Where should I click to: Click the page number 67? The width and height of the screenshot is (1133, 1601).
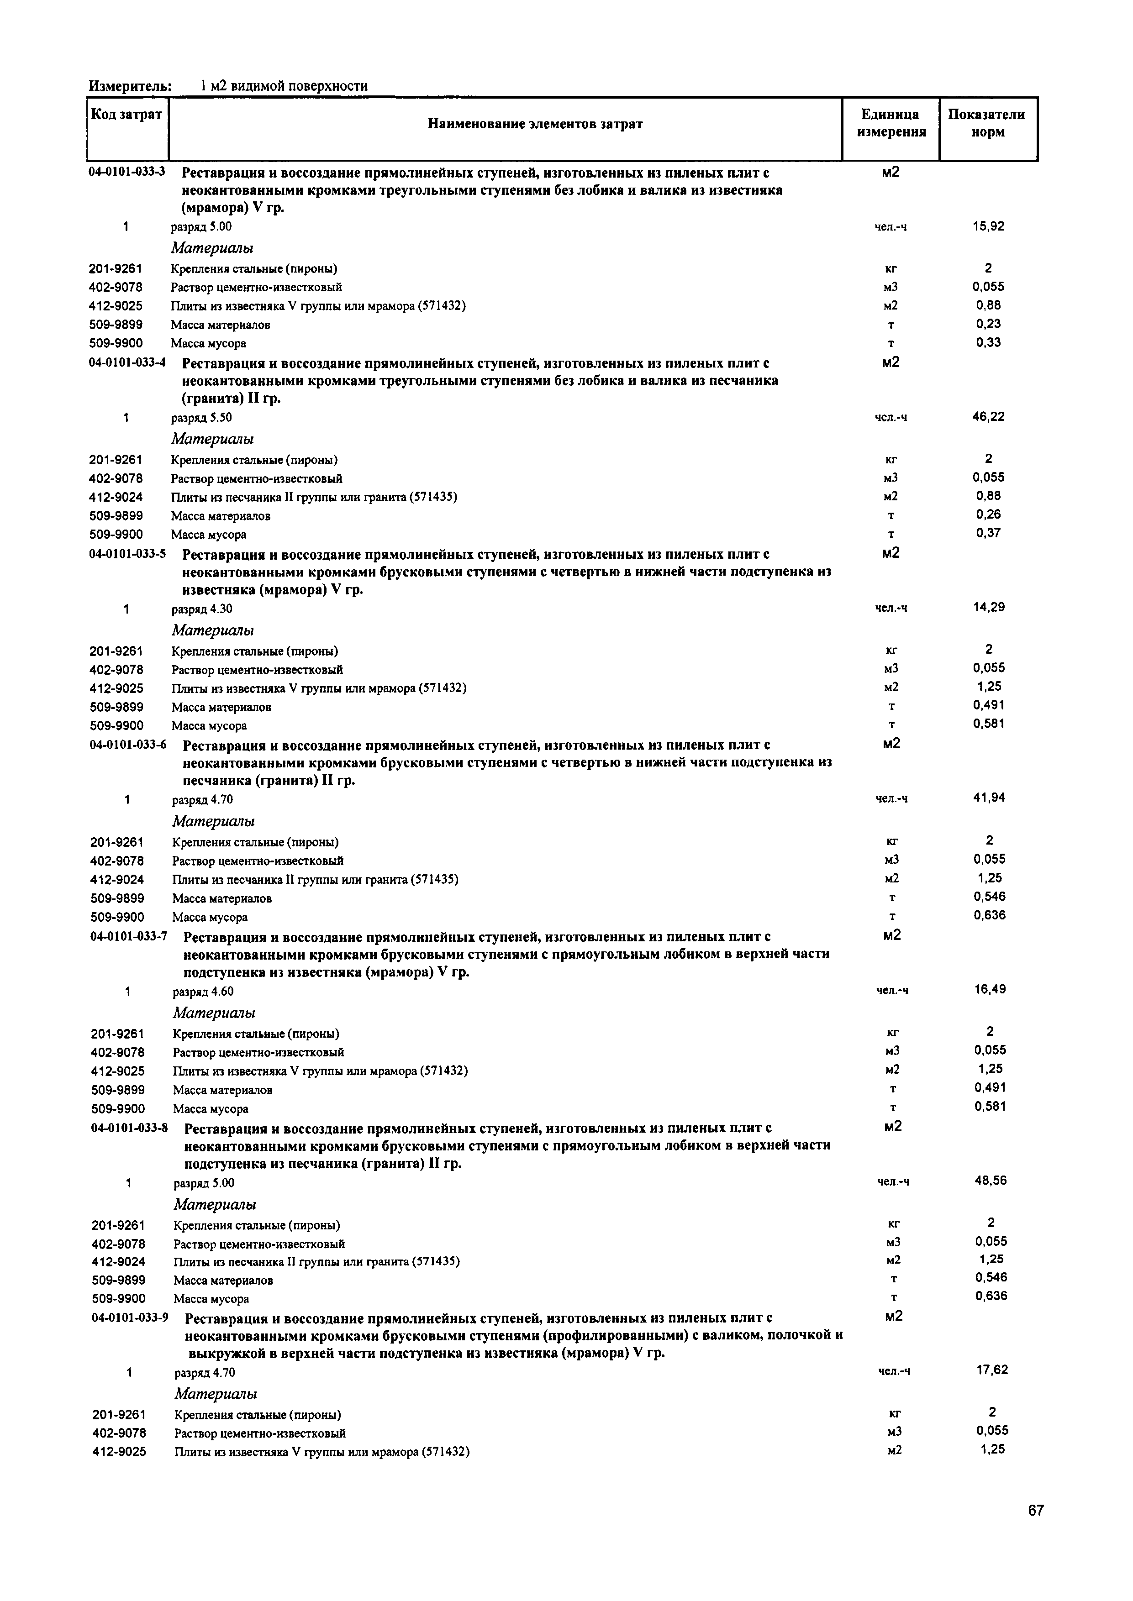[x=1035, y=1510]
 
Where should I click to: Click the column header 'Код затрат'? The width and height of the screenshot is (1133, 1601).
[x=126, y=114]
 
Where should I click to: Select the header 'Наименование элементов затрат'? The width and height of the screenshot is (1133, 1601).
[x=535, y=124]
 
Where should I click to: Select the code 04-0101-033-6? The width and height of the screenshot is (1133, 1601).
[x=128, y=744]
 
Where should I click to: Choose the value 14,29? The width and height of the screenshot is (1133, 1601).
[x=989, y=607]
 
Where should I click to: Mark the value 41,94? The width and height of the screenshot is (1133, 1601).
[x=989, y=798]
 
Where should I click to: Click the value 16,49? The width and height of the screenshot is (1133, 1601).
[x=990, y=989]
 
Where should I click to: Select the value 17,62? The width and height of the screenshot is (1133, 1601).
[x=991, y=1370]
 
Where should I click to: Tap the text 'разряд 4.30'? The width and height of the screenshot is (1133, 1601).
[x=202, y=609]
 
